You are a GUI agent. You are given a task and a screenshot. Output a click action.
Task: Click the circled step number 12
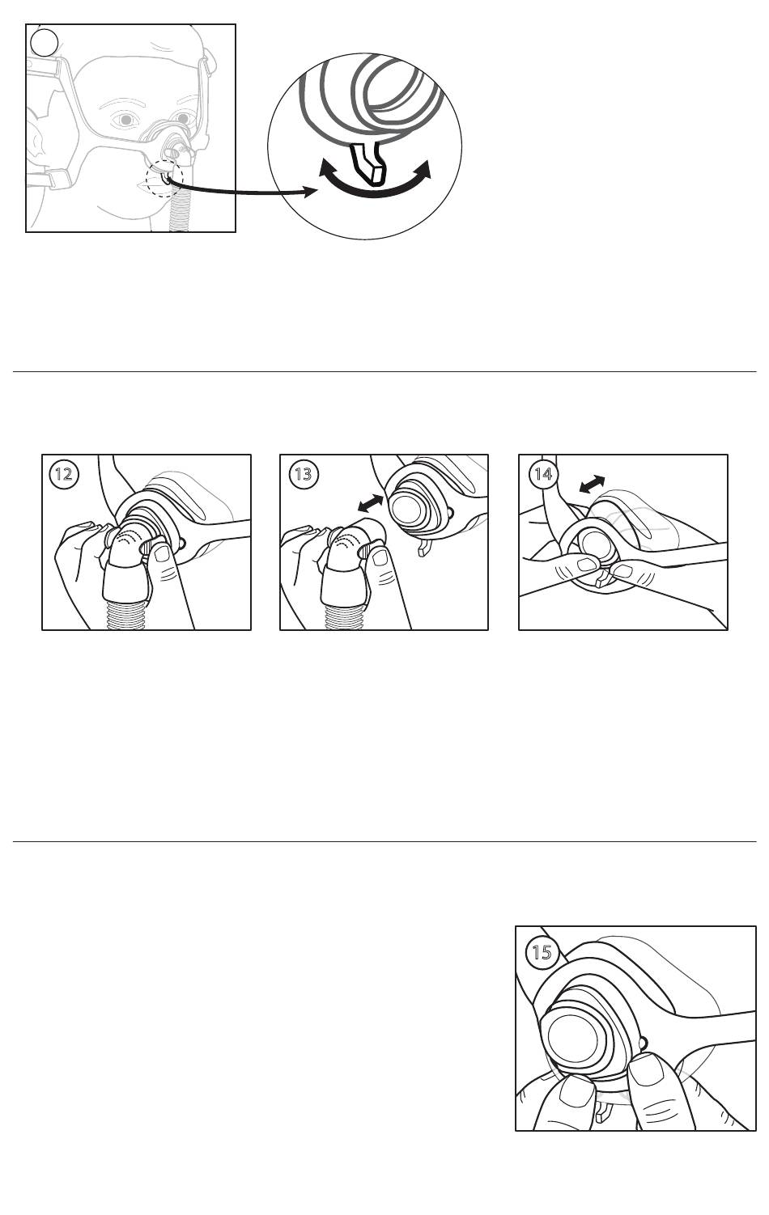[x=64, y=474]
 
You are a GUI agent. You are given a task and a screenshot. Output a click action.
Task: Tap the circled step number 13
[x=303, y=474]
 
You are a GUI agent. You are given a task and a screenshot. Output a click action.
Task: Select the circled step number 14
[x=542, y=474]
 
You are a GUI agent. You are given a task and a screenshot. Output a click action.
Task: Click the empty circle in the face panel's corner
[x=44, y=42]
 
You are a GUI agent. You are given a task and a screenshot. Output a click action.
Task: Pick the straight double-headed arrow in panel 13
[x=370, y=503]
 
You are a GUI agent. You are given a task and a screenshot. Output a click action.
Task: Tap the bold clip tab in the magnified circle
[x=368, y=163]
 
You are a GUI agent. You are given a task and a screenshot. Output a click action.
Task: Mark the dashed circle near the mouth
[x=165, y=179]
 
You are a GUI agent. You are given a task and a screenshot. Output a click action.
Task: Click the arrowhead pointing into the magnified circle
[x=310, y=192]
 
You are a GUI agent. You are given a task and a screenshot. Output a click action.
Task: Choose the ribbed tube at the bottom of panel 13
[x=344, y=616]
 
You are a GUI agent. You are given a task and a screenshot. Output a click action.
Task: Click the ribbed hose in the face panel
[x=179, y=215]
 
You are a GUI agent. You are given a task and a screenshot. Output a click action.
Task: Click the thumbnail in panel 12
[x=162, y=553]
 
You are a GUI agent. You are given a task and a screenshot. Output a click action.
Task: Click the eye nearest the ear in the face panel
[x=126, y=119]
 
